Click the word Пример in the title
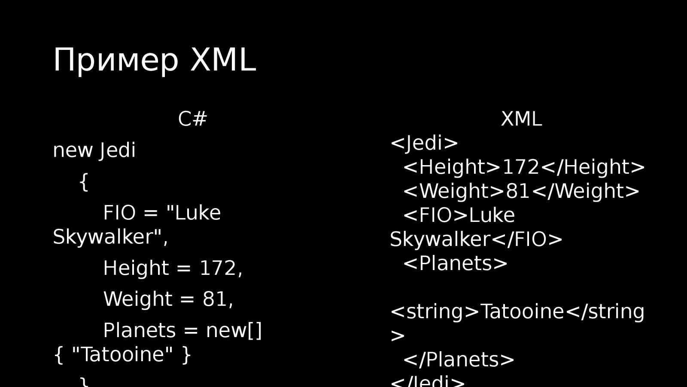click(x=116, y=61)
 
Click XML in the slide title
click(x=223, y=60)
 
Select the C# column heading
click(x=192, y=119)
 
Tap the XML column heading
click(x=521, y=119)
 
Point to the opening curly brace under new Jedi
click(x=84, y=182)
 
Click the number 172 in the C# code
click(x=218, y=268)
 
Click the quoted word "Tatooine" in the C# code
click(x=122, y=355)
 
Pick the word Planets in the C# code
click(x=139, y=331)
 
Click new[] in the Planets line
click(x=234, y=331)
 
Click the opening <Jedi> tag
click(x=424, y=143)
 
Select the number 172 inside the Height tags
click(x=520, y=167)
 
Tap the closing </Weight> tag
click(x=586, y=191)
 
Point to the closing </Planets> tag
click(x=459, y=360)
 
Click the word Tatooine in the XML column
click(x=522, y=312)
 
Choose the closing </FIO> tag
click(x=527, y=240)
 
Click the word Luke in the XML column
click(x=491, y=215)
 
